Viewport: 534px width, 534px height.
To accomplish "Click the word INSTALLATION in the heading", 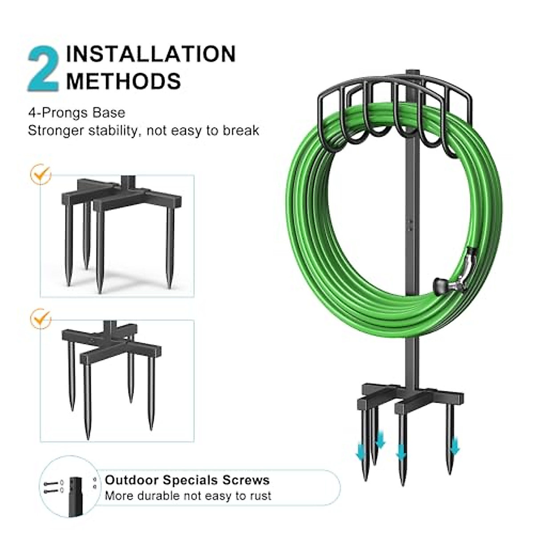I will (x=150, y=54).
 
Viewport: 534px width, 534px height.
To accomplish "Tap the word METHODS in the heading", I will (x=123, y=81).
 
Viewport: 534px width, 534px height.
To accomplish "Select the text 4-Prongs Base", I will (x=77, y=113).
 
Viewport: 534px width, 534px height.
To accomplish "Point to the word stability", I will (x=109, y=131).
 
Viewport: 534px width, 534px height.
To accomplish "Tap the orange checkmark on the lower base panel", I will (x=40, y=319).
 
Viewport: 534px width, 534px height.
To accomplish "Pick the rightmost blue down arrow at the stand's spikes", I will (x=454, y=445).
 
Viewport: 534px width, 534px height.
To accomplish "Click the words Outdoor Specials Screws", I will (x=187, y=480).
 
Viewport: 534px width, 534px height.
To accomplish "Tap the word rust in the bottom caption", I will (x=259, y=496).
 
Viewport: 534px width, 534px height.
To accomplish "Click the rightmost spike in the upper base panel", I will (x=170, y=249).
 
